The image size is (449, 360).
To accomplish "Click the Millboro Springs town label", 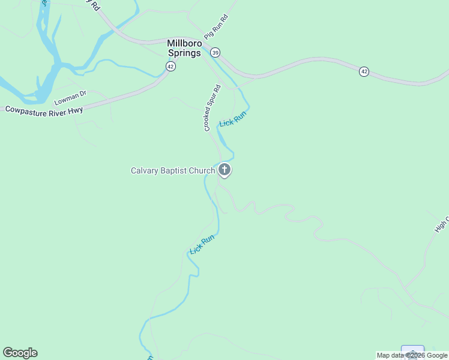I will (x=184, y=47).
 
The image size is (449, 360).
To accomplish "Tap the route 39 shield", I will (x=215, y=53).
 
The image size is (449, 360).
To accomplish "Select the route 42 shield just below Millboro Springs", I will (x=171, y=67).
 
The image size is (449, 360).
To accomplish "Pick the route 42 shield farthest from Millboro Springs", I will (x=364, y=71).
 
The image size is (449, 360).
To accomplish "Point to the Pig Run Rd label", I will (x=217, y=27).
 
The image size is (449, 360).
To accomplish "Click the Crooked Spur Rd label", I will (x=212, y=108).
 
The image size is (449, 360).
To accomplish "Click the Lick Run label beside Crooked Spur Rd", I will (x=233, y=119).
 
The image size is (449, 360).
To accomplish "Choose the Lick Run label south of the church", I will (x=202, y=244).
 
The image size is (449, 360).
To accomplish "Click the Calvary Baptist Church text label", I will (x=173, y=170).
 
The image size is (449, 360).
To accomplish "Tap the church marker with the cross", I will (x=224, y=170).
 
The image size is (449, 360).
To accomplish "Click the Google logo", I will (x=20, y=353).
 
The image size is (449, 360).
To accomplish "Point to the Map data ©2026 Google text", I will (x=412, y=355).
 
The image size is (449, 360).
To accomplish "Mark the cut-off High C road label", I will (x=441, y=224).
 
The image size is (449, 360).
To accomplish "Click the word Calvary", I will (x=145, y=170).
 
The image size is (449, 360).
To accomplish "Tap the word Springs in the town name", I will (x=184, y=52).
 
